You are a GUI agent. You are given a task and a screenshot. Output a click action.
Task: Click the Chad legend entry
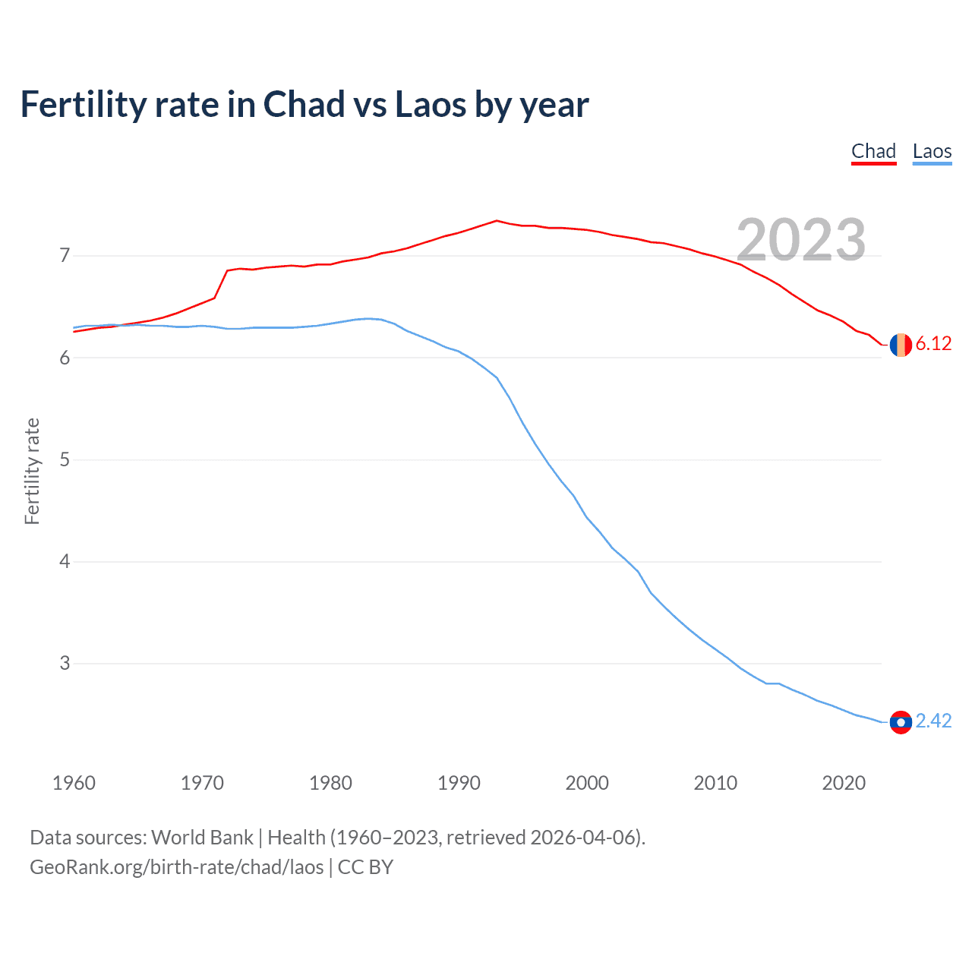[x=873, y=151]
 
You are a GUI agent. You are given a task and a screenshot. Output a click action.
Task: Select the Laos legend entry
[x=932, y=151]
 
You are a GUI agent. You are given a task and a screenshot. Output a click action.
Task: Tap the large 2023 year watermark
[x=801, y=240]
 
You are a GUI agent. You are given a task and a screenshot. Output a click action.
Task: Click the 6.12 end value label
[x=933, y=344]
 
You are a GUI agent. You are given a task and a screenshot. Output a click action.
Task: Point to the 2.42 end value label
[x=933, y=721]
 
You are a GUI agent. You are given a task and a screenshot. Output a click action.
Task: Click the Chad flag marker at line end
[x=901, y=345]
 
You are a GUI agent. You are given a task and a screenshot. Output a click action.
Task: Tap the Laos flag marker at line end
[x=901, y=721]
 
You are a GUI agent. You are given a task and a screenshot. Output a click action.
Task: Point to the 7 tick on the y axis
[x=65, y=256]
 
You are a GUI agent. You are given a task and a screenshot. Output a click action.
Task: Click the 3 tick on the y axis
[x=65, y=664]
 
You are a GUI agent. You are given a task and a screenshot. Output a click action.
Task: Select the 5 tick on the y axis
[x=65, y=460]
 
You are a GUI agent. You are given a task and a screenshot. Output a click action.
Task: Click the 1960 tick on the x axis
[x=74, y=783]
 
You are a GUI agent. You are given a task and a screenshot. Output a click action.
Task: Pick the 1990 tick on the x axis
[x=459, y=783]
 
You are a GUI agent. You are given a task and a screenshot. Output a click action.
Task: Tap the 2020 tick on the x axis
[x=844, y=783]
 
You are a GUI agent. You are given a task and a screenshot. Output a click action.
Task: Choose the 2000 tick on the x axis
[x=587, y=783]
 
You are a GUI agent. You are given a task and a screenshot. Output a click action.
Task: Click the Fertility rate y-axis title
[x=32, y=471]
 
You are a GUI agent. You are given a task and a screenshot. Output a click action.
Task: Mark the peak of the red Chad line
[x=497, y=221]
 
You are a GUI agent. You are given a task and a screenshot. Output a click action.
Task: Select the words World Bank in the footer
[x=202, y=838]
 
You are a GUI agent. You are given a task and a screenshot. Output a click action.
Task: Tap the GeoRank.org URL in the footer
[x=176, y=867]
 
